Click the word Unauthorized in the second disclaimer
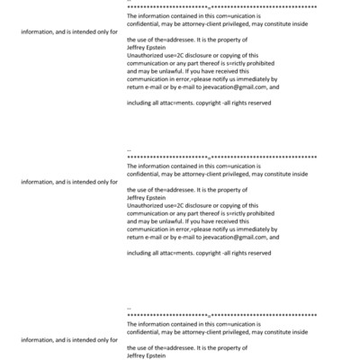click(145, 205)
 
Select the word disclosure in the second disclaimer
click(197, 205)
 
